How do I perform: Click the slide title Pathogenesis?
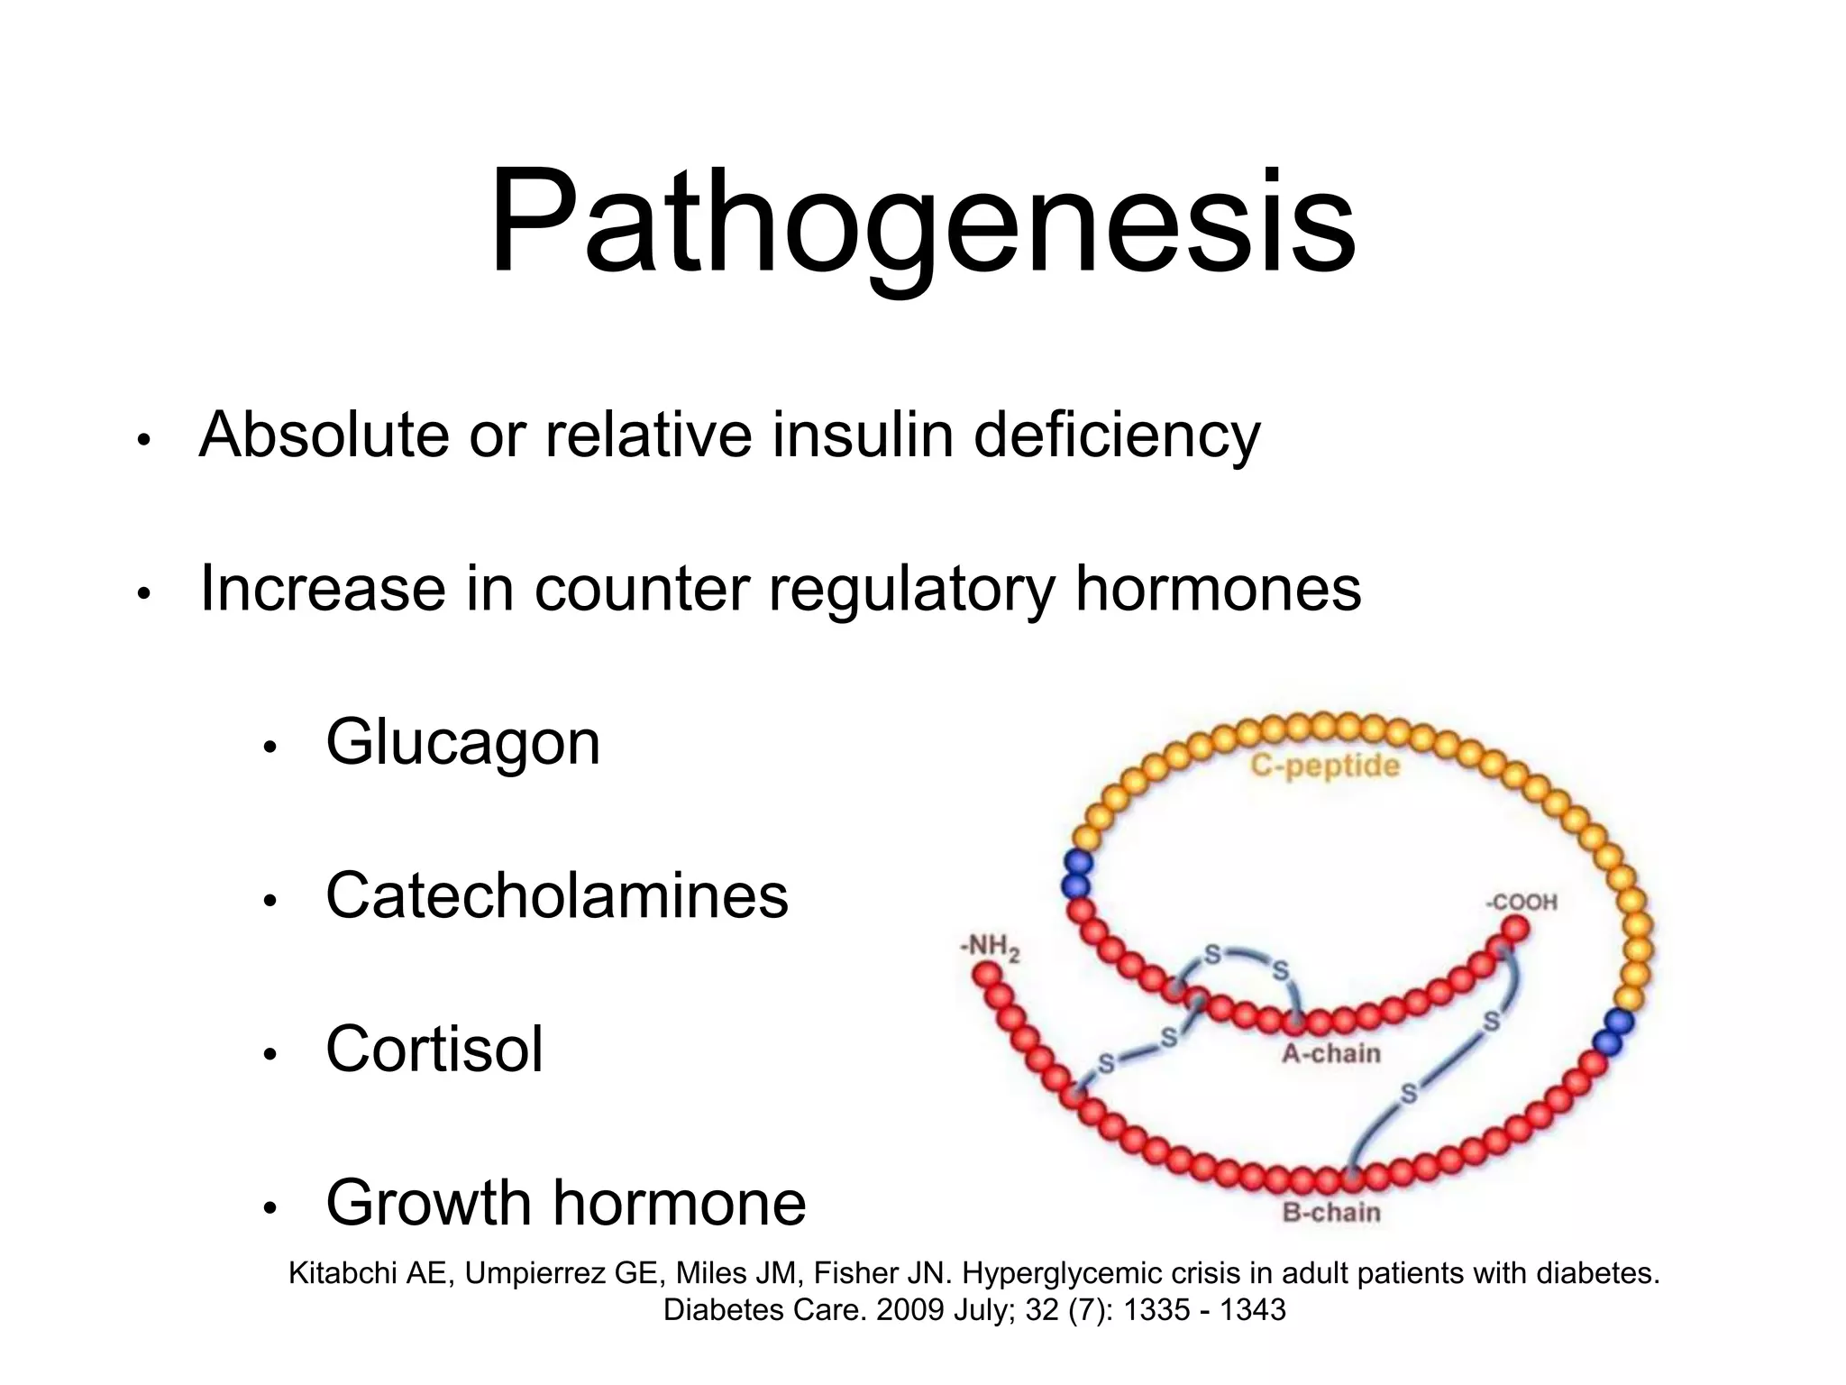(x=922, y=223)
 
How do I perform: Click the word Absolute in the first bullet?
(x=324, y=435)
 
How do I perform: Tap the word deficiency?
(x=1117, y=436)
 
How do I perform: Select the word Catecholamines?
(x=556, y=896)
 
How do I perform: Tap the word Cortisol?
(x=434, y=1050)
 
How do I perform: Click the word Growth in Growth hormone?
(x=429, y=1203)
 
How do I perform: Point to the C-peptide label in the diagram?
(x=1324, y=766)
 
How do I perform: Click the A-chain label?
(x=1330, y=1053)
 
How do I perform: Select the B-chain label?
(x=1330, y=1212)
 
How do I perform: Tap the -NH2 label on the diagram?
(x=990, y=948)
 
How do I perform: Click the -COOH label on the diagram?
(x=1522, y=903)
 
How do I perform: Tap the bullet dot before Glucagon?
(x=270, y=747)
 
